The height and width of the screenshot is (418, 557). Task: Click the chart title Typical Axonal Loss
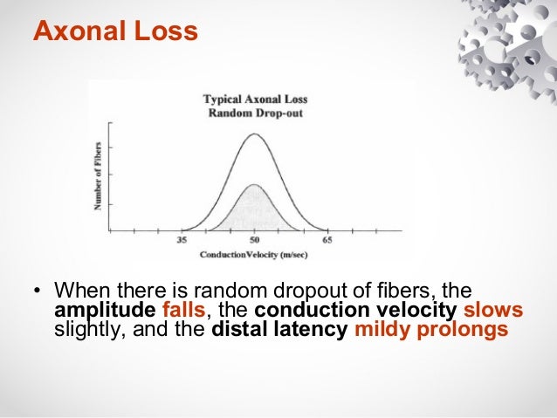point(255,99)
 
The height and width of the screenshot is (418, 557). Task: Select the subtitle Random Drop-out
point(255,113)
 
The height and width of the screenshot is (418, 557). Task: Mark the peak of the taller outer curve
point(254,134)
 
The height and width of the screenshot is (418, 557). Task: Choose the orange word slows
point(493,312)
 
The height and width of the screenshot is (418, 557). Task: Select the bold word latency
point(312,332)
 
